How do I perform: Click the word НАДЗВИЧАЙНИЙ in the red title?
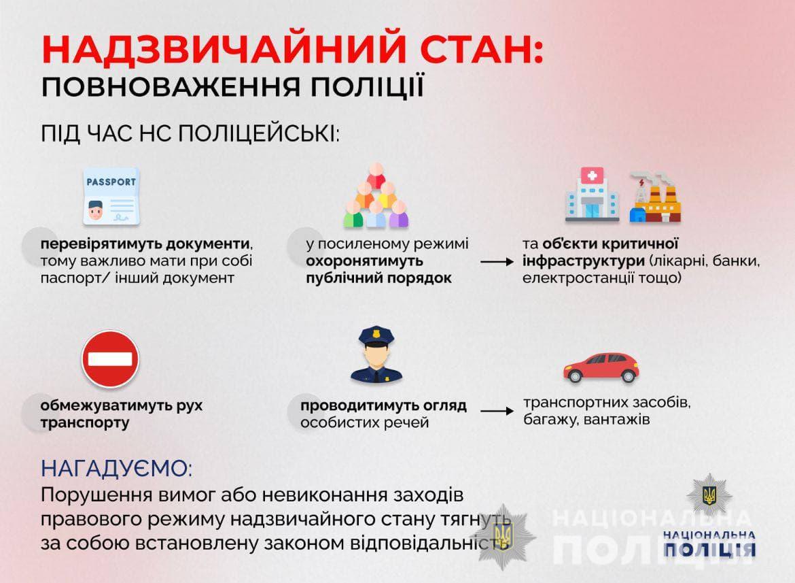pyautogui.click(x=224, y=49)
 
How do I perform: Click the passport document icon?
pyautogui.click(x=111, y=197)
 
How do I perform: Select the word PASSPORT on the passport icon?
pyautogui.click(x=111, y=182)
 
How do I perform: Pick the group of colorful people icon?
pyautogui.click(x=376, y=195)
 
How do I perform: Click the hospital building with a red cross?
pyautogui.click(x=593, y=195)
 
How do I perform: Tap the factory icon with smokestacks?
pyautogui.click(x=655, y=197)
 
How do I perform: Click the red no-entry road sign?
pyautogui.click(x=110, y=359)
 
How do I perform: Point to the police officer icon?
pyautogui.click(x=376, y=354)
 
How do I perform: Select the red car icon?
pyautogui.click(x=601, y=367)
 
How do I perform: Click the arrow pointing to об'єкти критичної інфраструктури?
pyautogui.click(x=497, y=262)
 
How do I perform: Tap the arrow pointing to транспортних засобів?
pyautogui.click(x=497, y=410)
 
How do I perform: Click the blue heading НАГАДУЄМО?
pyautogui.click(x=116, y=468)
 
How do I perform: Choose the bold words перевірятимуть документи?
pyautogui.click(x=145, y=244)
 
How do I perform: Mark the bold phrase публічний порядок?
pyautogui.click(x=378, y=278)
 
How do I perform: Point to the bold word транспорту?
pyautogui.click(x=85, y=422)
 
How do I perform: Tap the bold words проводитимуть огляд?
pyautogui.click(x=383, y=405)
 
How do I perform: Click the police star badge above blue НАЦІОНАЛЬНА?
pyautogui.click(x=709, y=496)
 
